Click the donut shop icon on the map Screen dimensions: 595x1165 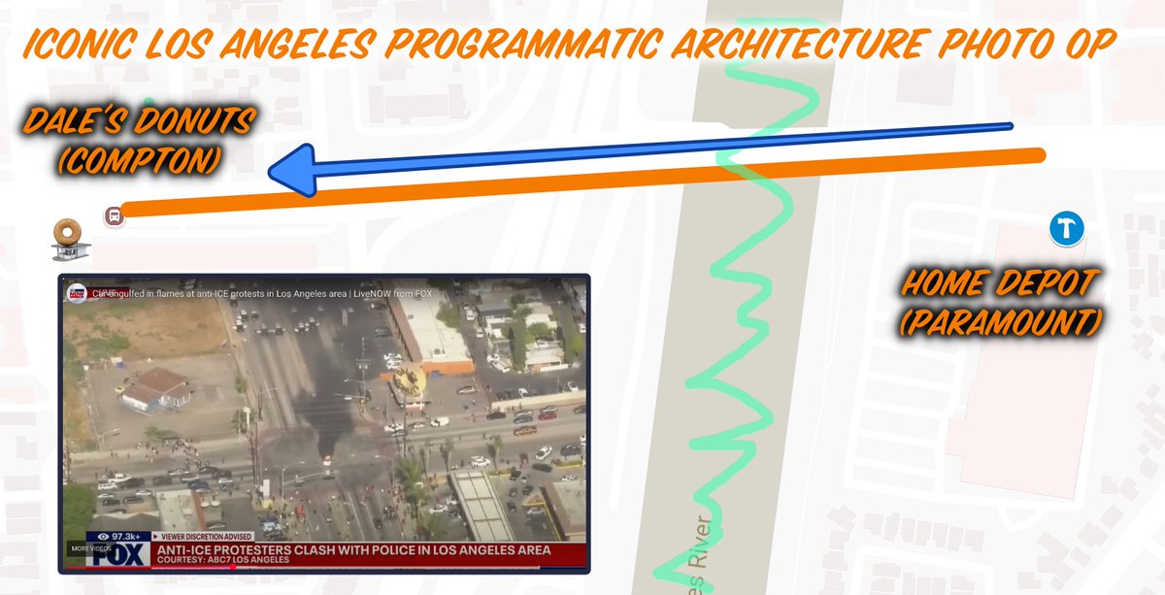(66, 239)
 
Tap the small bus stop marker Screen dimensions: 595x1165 (114, 215)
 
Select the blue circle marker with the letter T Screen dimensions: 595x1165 (1066, 230)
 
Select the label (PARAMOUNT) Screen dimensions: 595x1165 (1001, 320)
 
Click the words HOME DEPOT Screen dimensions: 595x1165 (1000, 284)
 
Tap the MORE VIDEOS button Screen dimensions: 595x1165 (81, 549)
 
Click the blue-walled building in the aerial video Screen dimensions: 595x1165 (155, 388)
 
